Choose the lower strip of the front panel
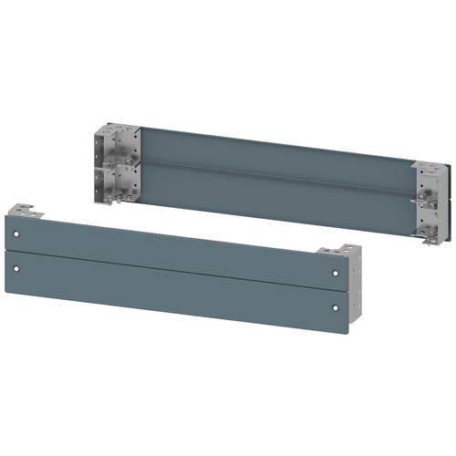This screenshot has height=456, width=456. tap(173, 283)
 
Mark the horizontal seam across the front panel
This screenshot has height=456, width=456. tap(173, 262)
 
